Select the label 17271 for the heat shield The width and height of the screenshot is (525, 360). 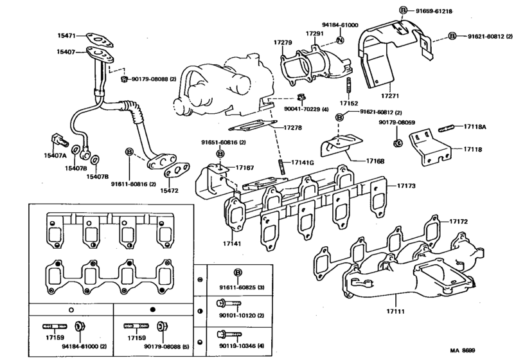pos(389,95)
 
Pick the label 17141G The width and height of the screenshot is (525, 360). pos(302,162)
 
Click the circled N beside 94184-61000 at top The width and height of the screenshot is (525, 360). pos(341,41)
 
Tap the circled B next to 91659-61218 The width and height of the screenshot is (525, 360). pos(403,10)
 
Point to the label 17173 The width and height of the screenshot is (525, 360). pos(405,186)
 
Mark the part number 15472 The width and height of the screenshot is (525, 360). pos(170,191)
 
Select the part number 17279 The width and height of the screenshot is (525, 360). pos(283,42)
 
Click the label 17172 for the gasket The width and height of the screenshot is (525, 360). pos(458,222)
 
